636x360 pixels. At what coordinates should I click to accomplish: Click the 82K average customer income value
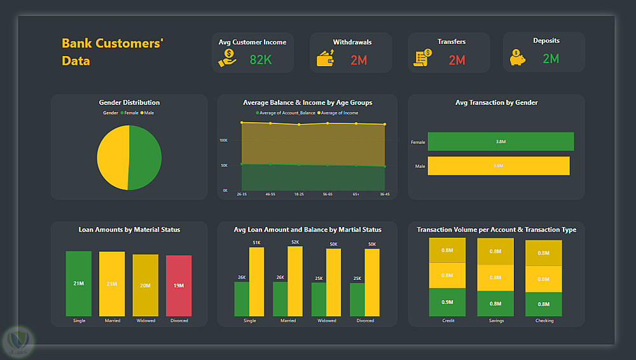click(x=260, y=60)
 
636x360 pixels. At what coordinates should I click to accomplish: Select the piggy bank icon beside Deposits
click(x=518, y=58)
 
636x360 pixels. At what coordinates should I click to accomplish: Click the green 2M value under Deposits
click(x=551, y=59)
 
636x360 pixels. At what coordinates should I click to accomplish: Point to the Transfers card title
click(x=451, y=42)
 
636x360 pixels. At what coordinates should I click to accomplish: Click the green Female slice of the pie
click(x=145, y=156)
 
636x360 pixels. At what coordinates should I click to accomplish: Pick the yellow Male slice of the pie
click(x=113, y=157)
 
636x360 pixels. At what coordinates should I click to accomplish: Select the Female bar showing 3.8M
click(x=501, y=142)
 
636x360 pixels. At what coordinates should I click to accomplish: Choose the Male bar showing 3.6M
click(x=498, y=166)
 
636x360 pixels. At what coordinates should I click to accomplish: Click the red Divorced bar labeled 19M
click(x=179, y=286)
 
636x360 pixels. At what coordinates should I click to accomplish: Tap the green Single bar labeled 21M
click(x=79, y=284)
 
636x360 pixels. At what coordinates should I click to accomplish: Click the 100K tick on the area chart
click(x=223, y=140)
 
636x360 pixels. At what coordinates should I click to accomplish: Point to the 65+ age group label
click(x=356, y=194)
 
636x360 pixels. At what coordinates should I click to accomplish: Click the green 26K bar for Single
click(x=242, y=299)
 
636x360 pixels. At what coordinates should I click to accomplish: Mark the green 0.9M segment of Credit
click(x=448, y=302)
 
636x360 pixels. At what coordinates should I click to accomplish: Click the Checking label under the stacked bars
click(x=544, y=321)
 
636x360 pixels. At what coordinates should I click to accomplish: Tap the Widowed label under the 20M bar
click(x=146, y=321)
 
